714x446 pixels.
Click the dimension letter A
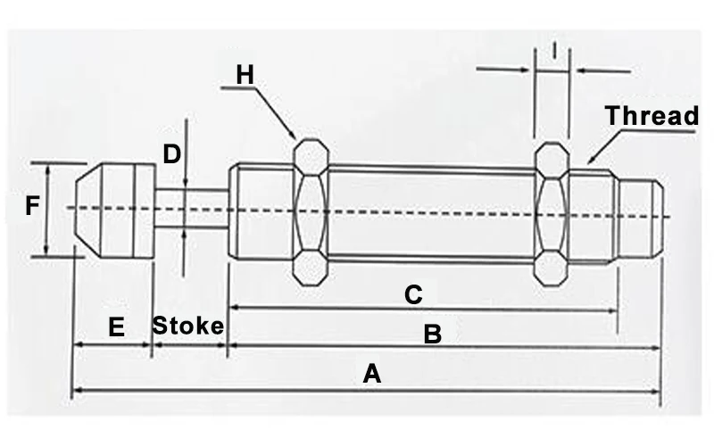pos(371,373)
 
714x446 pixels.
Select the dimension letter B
pos(431,334)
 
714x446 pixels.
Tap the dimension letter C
pos(412,294)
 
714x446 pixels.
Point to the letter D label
pos(171,154)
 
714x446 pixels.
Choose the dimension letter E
pos(115,327)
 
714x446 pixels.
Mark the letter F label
pos(32,208)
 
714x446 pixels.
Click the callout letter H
pos(245,75)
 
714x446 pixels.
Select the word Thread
pos(652,116)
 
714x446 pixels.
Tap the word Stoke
pos(187,326)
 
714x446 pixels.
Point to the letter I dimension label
pos(555,52)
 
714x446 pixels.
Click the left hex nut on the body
pos(310,211)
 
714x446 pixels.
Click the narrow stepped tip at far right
pos(642,214)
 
